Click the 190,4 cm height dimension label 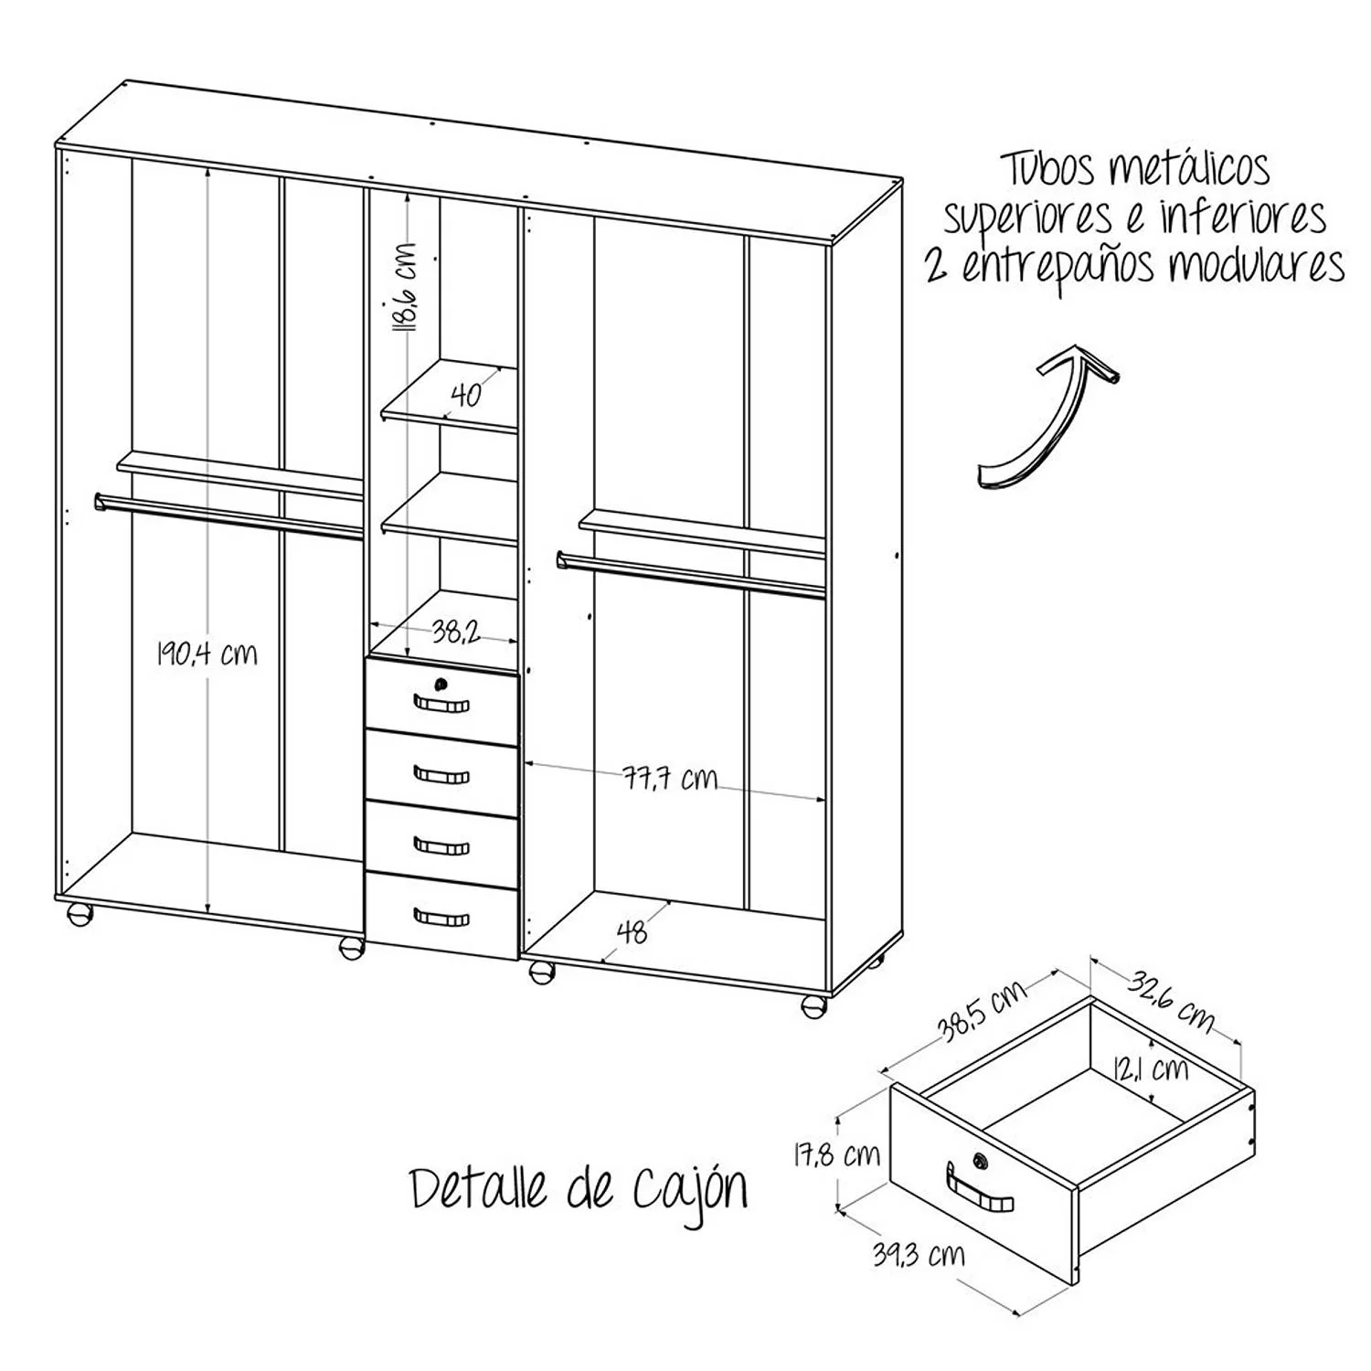(207, 654)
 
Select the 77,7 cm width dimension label (671, 779)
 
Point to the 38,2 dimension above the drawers (456, 631)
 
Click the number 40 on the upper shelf (466, 395)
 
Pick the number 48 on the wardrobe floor (632, 931)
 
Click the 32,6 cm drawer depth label (1170, 1000)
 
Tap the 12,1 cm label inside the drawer (1151, 1068)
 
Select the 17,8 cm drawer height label (835, 1155)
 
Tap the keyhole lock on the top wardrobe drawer (442, 684)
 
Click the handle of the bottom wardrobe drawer (441, 917)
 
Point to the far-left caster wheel (80, 915)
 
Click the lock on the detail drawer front (981, 1161)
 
